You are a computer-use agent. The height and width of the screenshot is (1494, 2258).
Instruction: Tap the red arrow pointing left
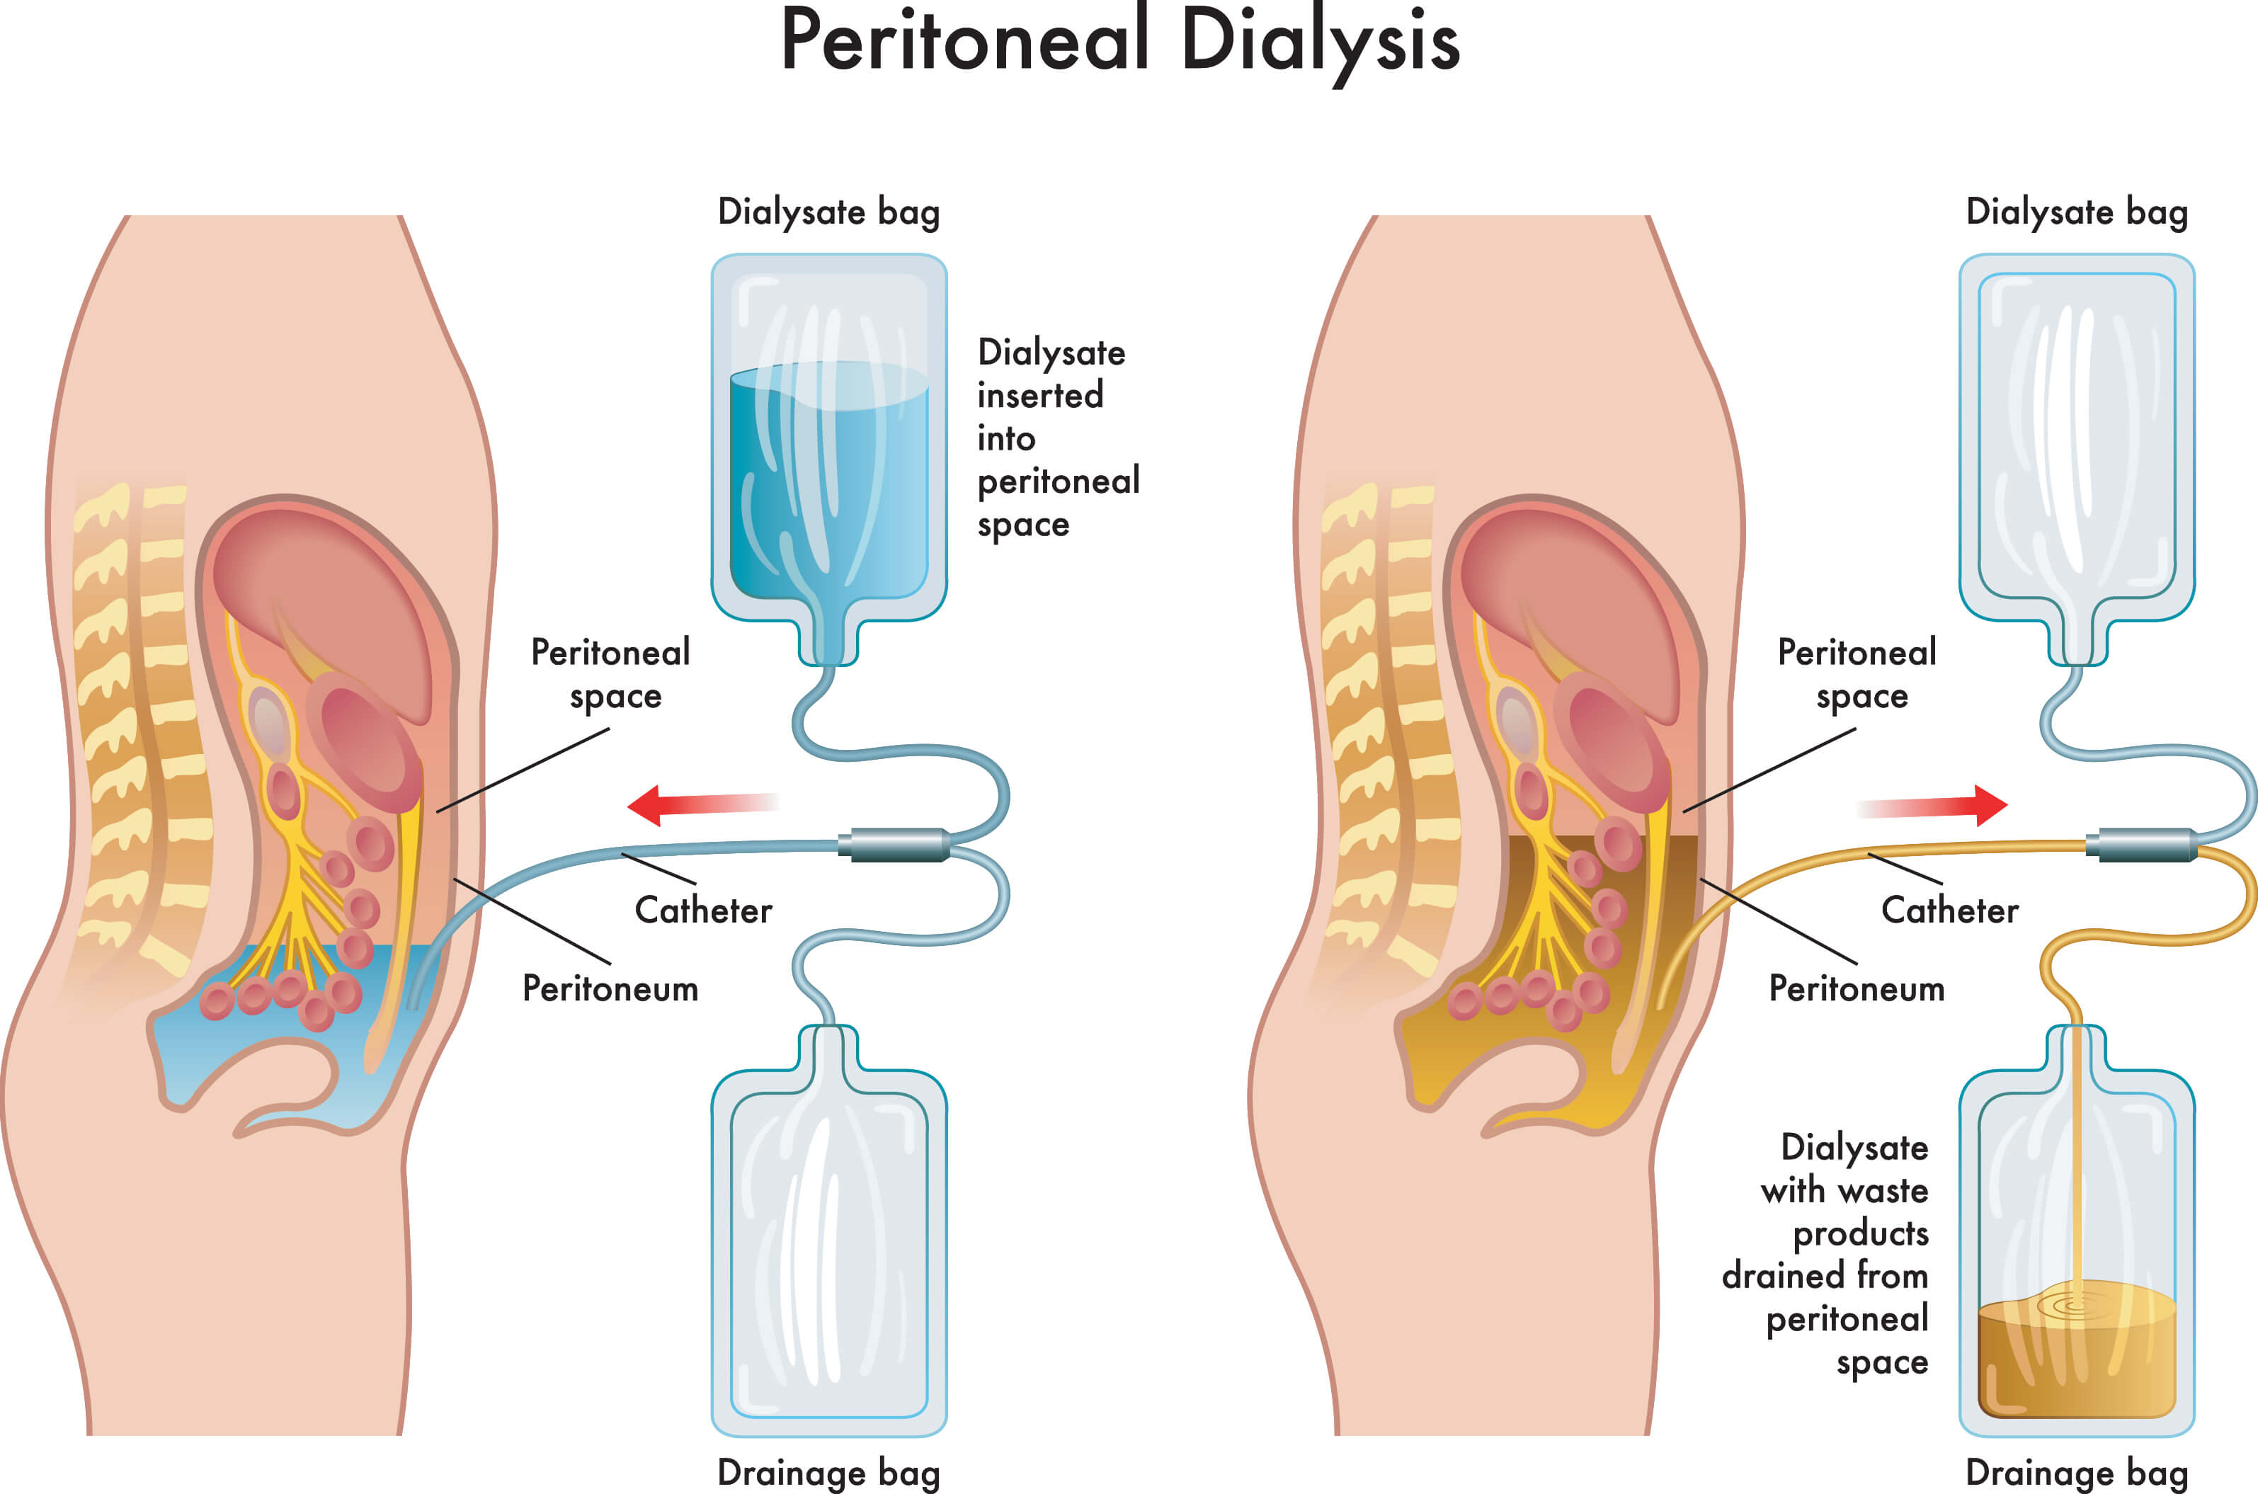click(x=703, y=805)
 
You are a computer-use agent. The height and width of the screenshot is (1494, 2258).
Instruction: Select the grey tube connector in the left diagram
click(x=894, y=845)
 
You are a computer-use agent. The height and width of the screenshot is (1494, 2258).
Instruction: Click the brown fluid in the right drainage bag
click(x=2077, y=1349)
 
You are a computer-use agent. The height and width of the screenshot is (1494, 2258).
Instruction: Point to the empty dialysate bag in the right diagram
click(x=2077, y=457)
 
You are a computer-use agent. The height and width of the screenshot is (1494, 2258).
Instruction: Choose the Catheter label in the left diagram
click(x=703, y=911)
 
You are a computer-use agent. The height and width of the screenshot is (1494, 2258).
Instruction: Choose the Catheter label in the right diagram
click(x=1949, y=911)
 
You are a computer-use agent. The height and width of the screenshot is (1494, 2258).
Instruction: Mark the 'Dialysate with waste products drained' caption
click(x=1825, y=1254)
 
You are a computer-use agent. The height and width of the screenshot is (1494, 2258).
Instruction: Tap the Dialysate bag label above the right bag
click(x=2077, y=212)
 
